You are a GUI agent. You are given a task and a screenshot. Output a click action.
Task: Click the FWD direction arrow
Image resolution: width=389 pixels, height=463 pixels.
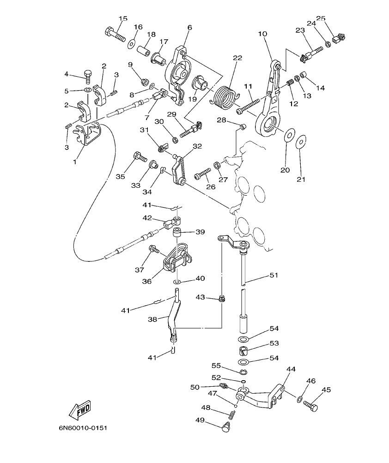pos(79,409)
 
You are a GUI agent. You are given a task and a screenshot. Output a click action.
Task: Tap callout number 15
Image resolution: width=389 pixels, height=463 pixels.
pos(122,19)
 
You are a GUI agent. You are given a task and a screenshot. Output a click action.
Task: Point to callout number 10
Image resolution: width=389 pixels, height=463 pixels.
pos(262,33)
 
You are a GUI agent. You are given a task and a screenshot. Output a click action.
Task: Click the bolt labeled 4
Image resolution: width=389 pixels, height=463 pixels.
pos(88,74)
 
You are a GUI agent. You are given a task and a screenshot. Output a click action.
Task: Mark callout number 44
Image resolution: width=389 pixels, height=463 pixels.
pos(291,369)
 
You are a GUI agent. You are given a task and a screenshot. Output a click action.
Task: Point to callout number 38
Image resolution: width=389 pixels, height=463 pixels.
pos(152,319)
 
